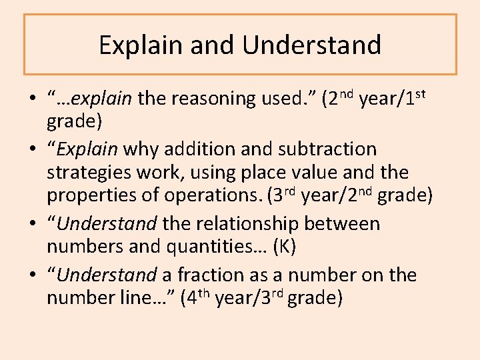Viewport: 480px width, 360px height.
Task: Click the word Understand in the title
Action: (312, 45)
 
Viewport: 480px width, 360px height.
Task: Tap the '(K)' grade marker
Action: (284, 248)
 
